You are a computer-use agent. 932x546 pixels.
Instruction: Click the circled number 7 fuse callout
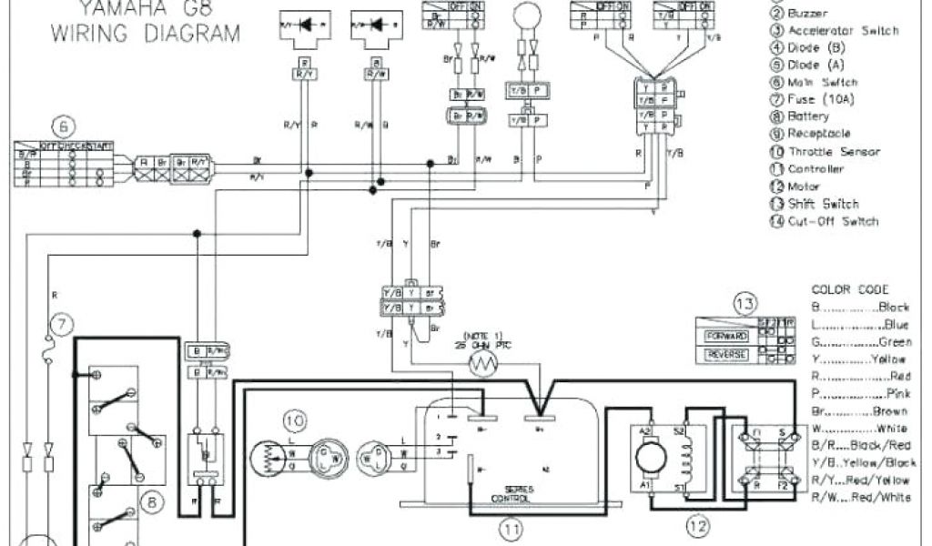pyautogui.click(x=62, y=323)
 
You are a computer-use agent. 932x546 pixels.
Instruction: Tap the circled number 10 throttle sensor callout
pyautogui.click(x=294, y=420)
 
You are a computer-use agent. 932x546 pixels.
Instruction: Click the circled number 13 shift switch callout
pyautogui.click(x=745, y=302)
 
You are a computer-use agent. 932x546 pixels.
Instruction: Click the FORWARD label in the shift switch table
pyautogui.click(x=725, y=337)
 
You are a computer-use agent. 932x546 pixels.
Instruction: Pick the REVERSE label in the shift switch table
pyautogui.click(x=725, y=353)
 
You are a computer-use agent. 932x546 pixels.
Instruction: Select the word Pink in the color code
pyautogui.click(x=897, y=393)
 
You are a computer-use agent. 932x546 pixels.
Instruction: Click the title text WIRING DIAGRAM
pyautogui.click(x=146, y=35)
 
